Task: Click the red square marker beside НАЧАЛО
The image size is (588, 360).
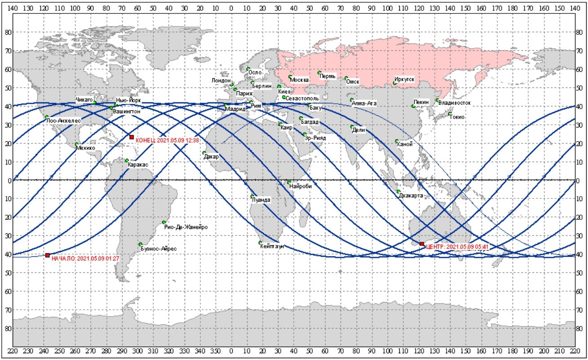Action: tap(48, 255)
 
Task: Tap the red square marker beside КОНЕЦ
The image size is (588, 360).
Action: tap(132, 137)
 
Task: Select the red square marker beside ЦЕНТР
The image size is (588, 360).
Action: tap(422, 244)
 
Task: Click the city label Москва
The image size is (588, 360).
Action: tap(300, 80)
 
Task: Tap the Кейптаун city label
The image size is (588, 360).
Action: tap(271, 246)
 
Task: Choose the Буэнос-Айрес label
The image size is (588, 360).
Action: tap(159, 248)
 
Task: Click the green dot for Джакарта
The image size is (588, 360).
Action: tap(398, 192)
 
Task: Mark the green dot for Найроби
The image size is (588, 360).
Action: tap(289, 182)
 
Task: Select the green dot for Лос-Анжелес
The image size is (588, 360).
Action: tap(46, 117)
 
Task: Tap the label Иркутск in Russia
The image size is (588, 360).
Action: tap(404, 80)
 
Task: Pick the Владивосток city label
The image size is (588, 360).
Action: tap(455, 103)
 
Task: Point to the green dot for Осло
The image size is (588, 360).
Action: tap(248, 69)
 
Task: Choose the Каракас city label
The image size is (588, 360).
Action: tap(138, 165)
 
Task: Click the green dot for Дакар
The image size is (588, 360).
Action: tap(204, 153)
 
